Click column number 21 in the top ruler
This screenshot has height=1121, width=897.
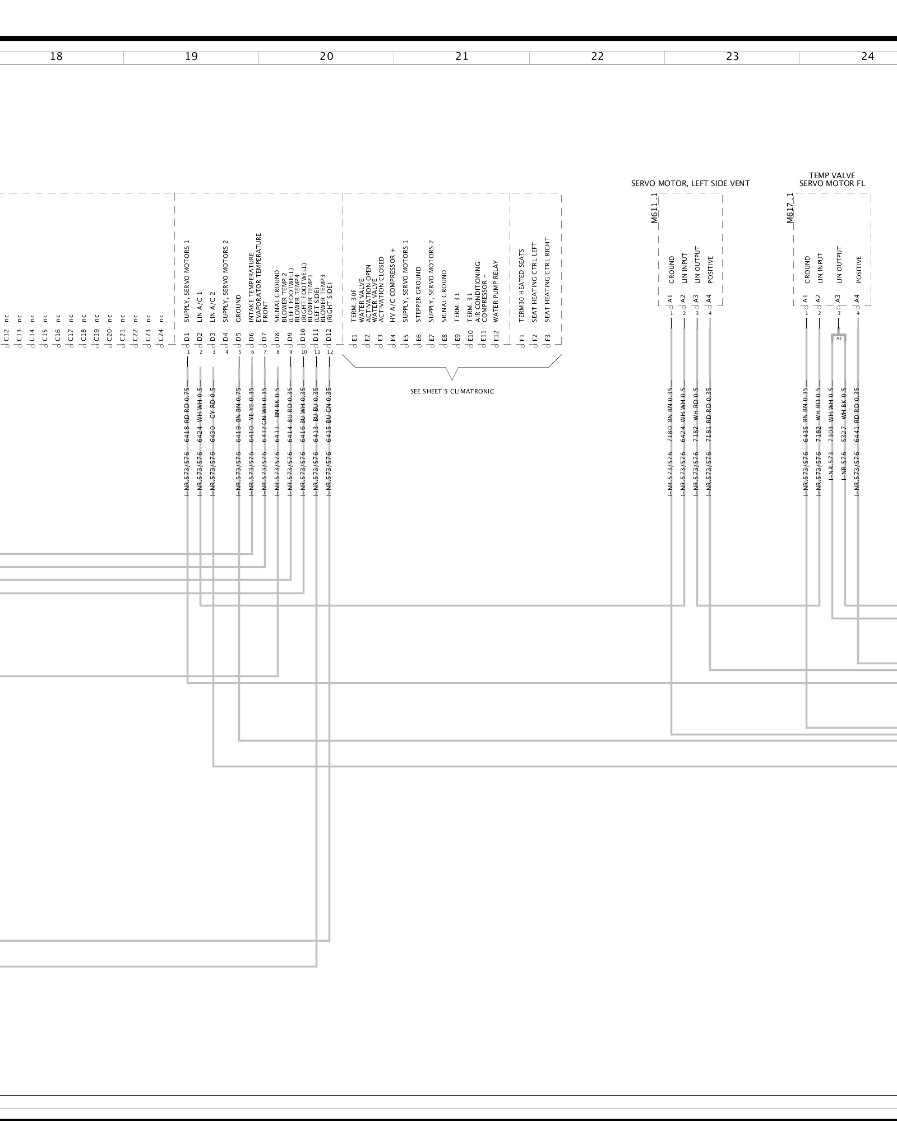[461, 57]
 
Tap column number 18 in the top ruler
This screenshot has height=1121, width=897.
[56, 57]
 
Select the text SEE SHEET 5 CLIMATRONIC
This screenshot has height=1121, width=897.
[452, 391]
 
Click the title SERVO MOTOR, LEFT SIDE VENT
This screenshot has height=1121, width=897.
[690, 183]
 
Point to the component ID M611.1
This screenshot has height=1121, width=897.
[654, 208]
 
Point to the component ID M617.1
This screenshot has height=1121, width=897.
[789, 208]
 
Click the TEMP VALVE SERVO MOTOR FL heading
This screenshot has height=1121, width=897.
[832, 179]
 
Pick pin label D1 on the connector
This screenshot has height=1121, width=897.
[187, 337]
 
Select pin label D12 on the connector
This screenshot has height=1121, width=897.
[329, 336]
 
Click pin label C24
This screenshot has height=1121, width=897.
[161, 336]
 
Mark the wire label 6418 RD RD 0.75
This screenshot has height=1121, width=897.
[187, 414]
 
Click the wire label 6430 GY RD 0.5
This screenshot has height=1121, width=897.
[213, 414]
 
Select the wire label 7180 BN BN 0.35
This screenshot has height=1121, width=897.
[671, 414]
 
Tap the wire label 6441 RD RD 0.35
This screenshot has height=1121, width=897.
[857, 414]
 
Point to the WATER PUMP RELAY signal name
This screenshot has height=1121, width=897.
[496, 291]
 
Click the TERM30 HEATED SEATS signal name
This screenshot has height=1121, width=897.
[521, 286]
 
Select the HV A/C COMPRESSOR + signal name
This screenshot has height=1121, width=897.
[393, 285]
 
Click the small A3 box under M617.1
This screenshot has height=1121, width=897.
[839, 339]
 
